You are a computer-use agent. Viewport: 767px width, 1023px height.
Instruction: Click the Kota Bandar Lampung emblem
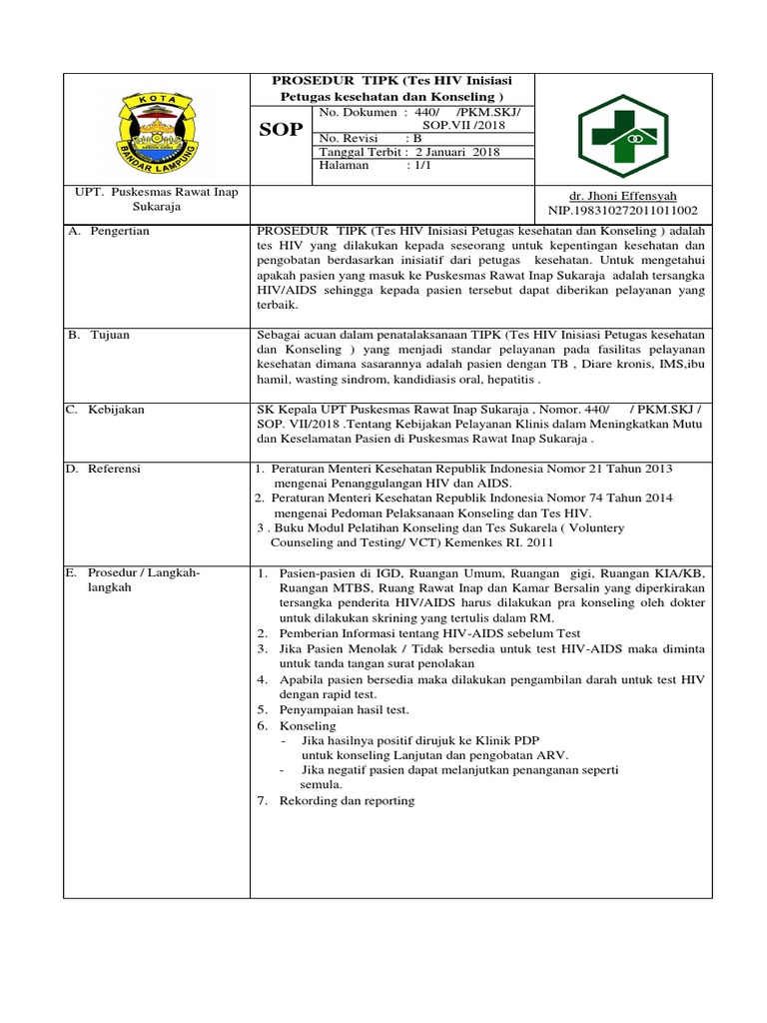point(159,129)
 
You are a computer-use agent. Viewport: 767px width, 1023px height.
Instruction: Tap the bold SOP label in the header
point(281,130)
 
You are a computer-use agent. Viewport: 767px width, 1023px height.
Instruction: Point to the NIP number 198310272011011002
point(622,211)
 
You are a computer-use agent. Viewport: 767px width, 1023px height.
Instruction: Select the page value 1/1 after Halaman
point(416,166)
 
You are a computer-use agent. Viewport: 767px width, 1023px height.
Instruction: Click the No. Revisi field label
point(350,138)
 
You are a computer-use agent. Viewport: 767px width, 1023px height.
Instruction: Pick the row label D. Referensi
point(105,468)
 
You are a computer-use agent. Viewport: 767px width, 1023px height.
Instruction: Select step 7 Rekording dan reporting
point(347,800)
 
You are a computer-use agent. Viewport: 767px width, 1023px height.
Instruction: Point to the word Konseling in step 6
point(308,725)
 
